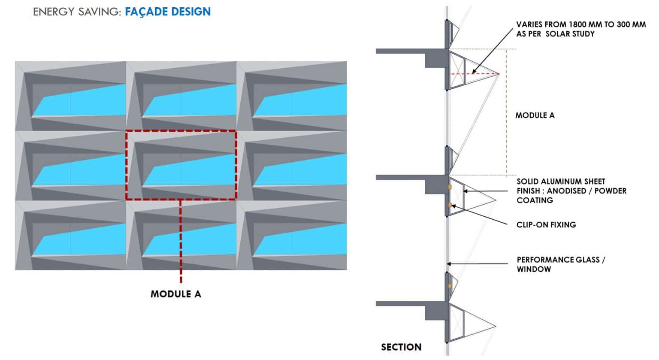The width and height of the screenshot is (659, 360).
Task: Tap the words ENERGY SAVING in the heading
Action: click(x=77, y=12)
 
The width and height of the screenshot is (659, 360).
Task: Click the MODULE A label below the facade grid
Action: click(x=176, y=294)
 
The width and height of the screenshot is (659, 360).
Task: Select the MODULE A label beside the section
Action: click(x=535, y=115)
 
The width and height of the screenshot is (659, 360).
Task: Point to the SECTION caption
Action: click(x=401, y=347)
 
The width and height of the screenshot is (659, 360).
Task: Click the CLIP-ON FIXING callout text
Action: click(x=546, y=224)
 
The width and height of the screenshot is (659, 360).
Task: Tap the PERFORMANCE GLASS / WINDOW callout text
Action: click(x=560, y=264)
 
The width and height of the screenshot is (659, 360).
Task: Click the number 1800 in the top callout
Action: click(x=577, y=24)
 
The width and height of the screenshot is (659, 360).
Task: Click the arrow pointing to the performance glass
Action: click(x=476, y=264)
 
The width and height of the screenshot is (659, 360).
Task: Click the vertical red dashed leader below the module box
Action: click(x=181, y=240)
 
